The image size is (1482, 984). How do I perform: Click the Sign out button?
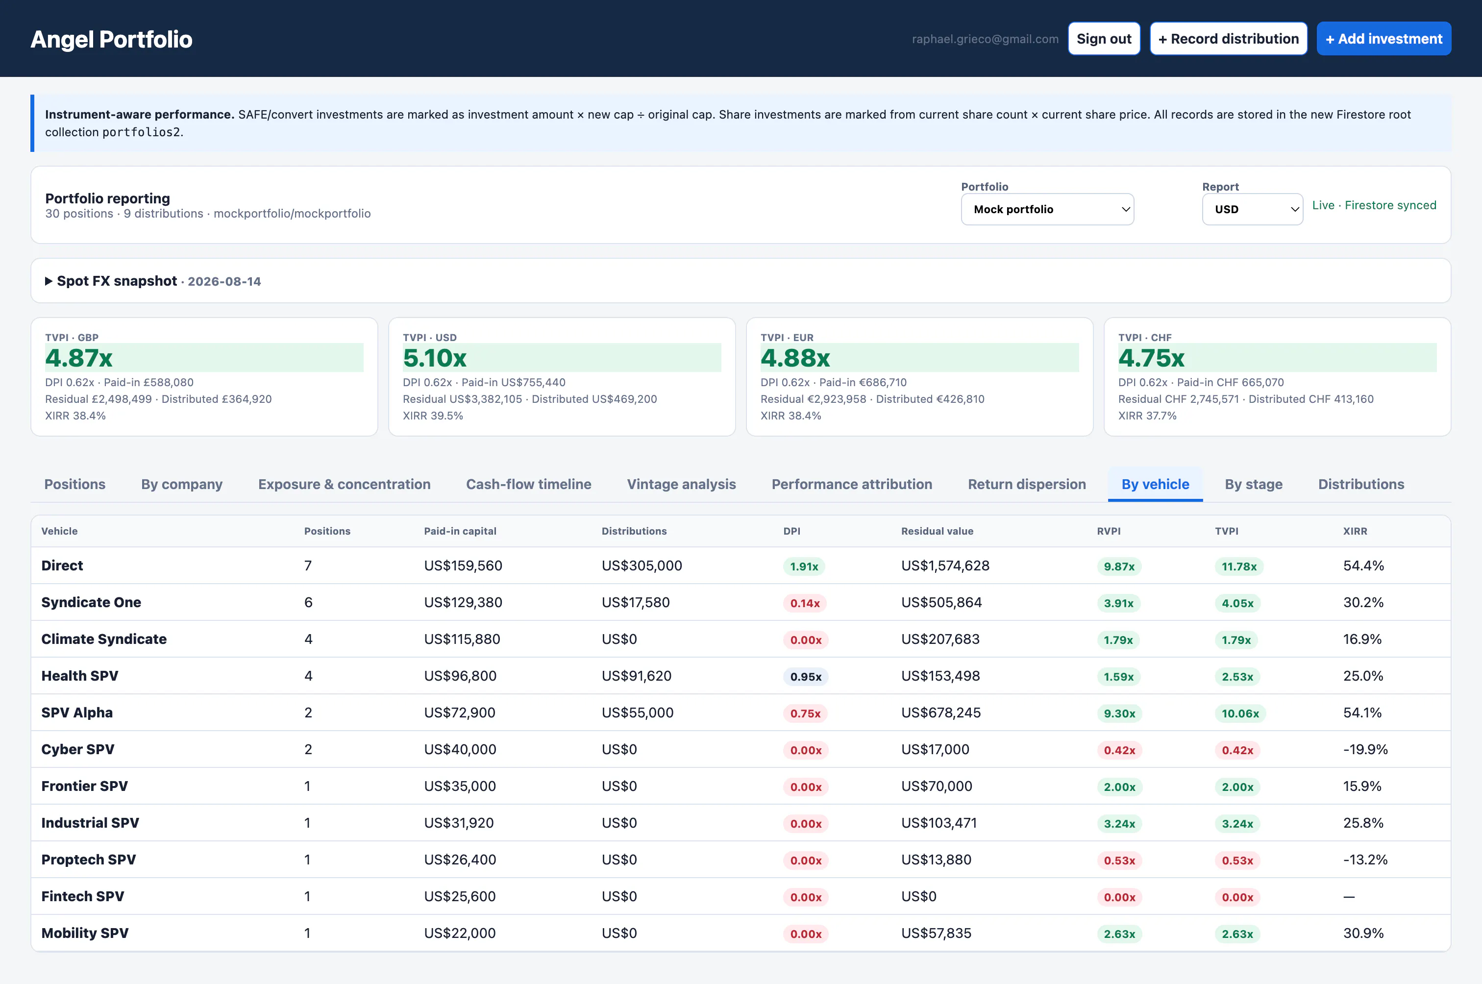click(x=1104, y=39)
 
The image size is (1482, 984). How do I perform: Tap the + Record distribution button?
click(x=1228, y=39)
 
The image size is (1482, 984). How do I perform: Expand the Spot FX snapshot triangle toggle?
click(x=49, y=281)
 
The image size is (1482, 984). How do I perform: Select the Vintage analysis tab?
click(x=681, y=485)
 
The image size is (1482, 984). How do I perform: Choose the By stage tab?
click(x=1253, y=485)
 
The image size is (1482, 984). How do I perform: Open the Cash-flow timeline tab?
click(x=528, y=485)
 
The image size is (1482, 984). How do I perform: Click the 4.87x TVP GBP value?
click(x=79, y=358)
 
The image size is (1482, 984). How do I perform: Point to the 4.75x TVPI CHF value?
click(x=1151, y=358)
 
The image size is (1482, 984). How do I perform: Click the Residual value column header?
click(x=937, y=531)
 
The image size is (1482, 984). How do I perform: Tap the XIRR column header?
click(x=1355, y=531)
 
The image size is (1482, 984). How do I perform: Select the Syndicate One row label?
click(x=91, y=602)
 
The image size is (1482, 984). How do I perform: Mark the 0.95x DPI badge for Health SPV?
click(x=806, y=676)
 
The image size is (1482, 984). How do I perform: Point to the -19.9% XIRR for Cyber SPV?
click(x=1365, y=749)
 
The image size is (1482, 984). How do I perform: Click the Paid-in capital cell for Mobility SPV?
click(x=459, y=933)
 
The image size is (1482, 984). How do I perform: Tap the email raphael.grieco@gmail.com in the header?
click(x=985, y=39)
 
